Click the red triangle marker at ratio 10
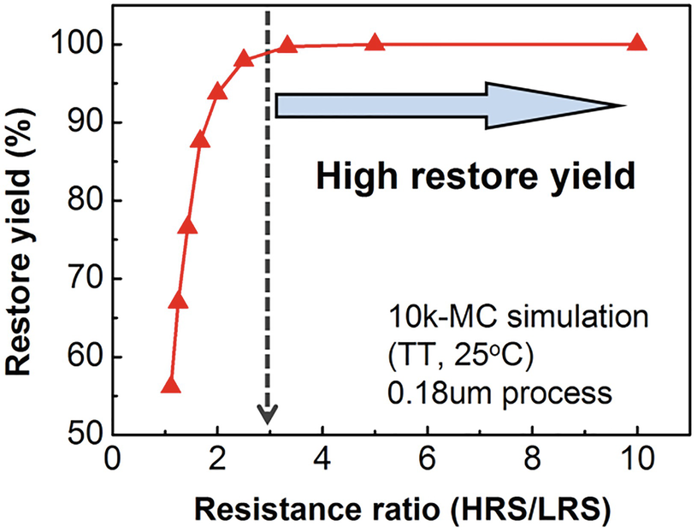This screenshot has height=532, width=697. pos(637,44)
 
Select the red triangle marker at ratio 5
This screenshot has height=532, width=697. pos(375,44)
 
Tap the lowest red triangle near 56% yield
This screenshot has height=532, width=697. pos(170,387)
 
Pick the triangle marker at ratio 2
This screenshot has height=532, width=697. pos(217,92)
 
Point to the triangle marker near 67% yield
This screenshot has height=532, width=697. pos(178,301)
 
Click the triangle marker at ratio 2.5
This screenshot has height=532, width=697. pos(244,59)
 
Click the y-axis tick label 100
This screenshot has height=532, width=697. pos(75,44)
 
